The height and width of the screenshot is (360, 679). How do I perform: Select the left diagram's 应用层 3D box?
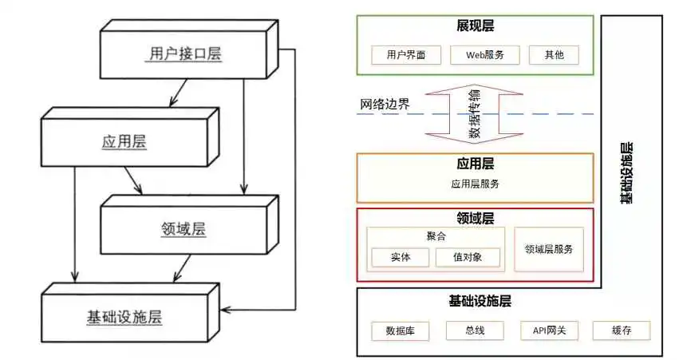(x=124, y=141)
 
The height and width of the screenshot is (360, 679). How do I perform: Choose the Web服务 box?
(x=484, y=55)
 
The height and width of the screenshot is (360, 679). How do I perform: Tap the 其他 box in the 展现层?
(x=554, y=55)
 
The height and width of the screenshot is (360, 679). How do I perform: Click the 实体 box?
(x=401, y=257)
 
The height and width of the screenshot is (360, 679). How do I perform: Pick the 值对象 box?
(x=468, y=257)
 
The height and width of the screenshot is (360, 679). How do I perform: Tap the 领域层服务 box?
(x=549, y=249)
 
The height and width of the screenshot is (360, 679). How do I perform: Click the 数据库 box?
(x=401, y=330)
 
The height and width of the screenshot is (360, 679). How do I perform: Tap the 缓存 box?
(x=622, y=330)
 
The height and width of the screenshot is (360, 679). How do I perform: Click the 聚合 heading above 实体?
(x=436, y=236)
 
